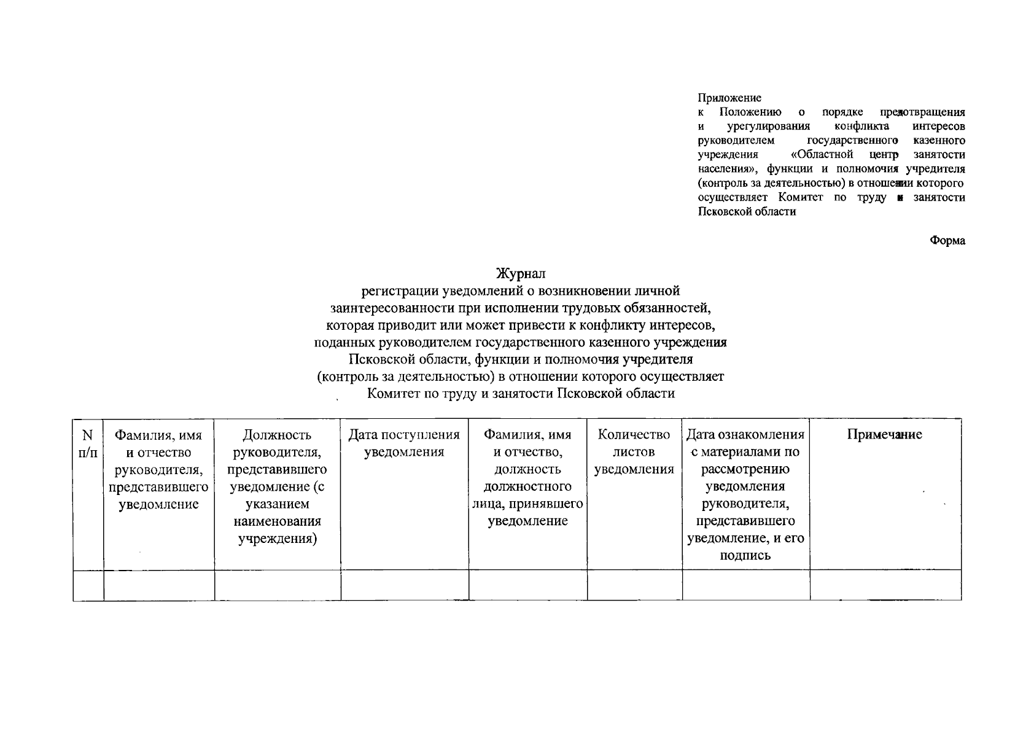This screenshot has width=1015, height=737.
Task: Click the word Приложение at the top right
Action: click(x=729, y=98)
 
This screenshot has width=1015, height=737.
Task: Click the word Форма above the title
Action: click(x=947, y=241)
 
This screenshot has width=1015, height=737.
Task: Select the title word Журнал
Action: click(x=521, y=273)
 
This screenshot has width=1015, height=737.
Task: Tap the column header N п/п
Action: click(x=88, y=443)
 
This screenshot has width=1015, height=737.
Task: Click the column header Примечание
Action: click(x=884, y=435)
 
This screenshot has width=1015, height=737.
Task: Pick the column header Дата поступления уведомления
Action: click(x=404, y=443)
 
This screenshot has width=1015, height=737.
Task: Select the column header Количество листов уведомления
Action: click(x=634, y=452)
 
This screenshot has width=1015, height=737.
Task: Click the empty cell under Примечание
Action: click(x=885, y=585)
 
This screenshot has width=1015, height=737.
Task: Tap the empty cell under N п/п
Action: click(x=88, y=585)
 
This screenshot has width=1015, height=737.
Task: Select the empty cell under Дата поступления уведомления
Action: click(x=404, y=585)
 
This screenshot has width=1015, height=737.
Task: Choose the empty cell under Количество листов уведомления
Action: click(x=634, y=585)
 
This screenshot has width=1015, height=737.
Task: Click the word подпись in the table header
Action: click(x=745, y=556)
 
